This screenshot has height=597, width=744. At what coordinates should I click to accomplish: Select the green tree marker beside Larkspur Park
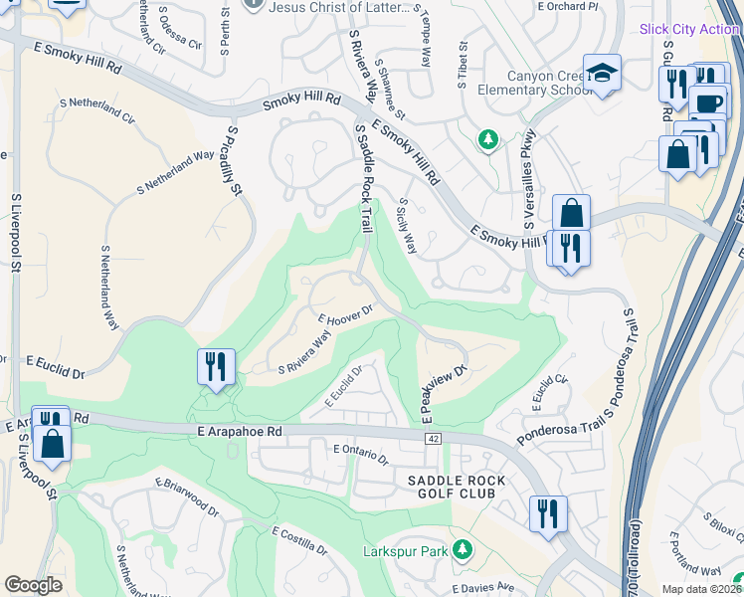pyautogui.click(x=462, y=549)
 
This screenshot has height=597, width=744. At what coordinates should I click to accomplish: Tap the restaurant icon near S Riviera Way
pyautogui.click(x=216, y=367)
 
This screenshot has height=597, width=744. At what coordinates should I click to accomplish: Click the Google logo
pyautogui.click(x=34, y=585)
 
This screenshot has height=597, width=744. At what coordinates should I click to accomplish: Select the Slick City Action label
pyautogui.click(x=689, y=29)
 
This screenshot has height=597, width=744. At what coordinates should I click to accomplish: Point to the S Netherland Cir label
pyautogui.click(x=97, y=109)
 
